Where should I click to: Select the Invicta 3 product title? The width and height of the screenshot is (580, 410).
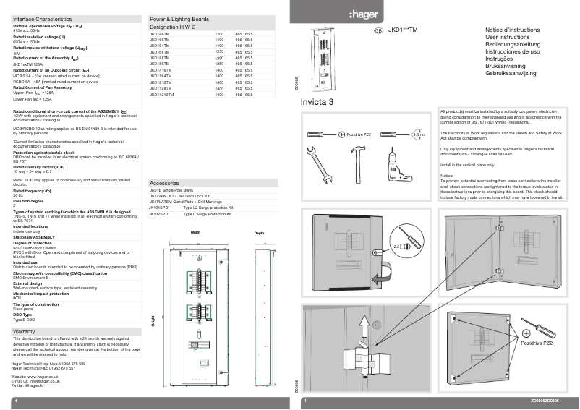[x=317, y=102]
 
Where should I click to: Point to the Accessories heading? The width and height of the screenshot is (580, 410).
[x=164, y=184]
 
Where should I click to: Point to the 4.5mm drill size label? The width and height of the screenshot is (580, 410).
[x=418, y=134]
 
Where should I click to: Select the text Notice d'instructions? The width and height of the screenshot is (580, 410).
[x=512, y=30]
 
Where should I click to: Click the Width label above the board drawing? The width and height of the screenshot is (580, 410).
[x=195, y=234]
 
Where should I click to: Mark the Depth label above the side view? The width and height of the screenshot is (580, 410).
[x=259, y=234]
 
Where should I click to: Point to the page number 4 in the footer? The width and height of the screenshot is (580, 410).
[x=15, y=400]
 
